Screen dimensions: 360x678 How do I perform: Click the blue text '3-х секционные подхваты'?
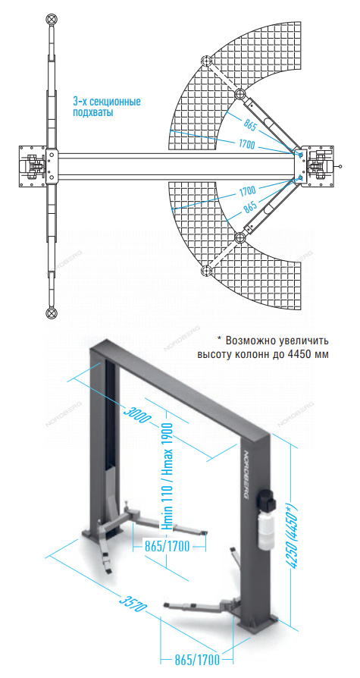(107, 108)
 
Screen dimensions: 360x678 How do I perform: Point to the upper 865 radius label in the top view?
(250, 126)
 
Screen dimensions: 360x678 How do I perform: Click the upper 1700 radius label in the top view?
(246, 145)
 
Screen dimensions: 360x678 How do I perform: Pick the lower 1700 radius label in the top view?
(246, 190)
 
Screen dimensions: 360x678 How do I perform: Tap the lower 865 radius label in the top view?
(250, 208)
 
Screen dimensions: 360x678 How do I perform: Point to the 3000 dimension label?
(136, 414)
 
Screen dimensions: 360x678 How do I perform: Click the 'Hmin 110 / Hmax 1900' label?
(167, 477)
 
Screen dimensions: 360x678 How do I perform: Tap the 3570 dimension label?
(133, 602)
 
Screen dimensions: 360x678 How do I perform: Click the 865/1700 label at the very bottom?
(196, 661)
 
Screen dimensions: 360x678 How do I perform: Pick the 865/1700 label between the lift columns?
(167, 546)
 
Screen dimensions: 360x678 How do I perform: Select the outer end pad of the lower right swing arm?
(205, 271)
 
